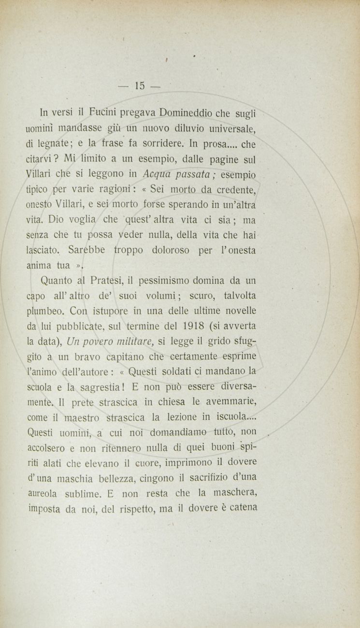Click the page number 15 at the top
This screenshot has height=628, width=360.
[140, 86]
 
